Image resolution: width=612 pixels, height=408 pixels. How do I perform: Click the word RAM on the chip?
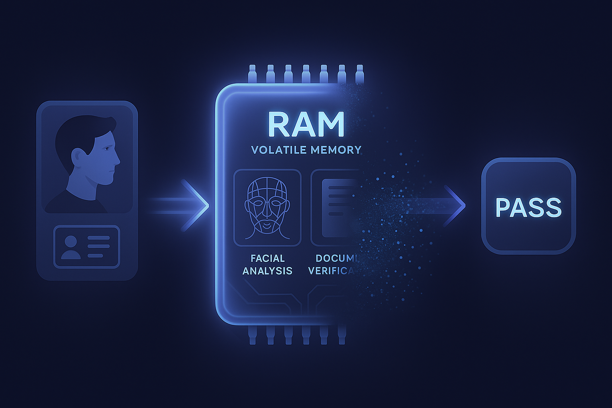coord(306,124)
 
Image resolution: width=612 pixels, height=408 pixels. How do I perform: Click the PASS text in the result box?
coord(528,208)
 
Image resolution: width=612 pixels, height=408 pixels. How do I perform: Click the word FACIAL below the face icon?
coord(267,258)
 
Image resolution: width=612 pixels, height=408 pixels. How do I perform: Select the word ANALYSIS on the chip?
coord(267,271)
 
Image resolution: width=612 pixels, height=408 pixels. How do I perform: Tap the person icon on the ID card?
coord(71,247)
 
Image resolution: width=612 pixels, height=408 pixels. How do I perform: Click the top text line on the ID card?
coord(98,238)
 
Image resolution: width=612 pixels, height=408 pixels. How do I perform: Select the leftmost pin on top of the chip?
coord(252,74)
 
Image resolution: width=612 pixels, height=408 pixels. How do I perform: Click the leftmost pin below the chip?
coord(252,335)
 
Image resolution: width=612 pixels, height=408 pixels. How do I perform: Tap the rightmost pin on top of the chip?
coord(359,74)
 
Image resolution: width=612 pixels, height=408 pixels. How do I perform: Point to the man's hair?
coord(80,131)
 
